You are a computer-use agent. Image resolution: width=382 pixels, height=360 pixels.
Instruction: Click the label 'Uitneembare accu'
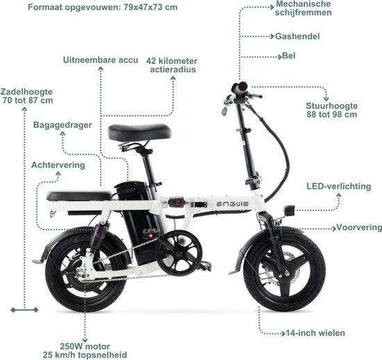(x=101, y=60)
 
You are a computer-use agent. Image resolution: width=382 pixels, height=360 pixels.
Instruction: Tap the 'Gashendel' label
(x=297, y=37)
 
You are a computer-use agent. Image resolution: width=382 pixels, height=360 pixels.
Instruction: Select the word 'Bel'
(x=289, y=56)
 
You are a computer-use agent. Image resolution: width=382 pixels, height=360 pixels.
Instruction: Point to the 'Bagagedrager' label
(x=63, y=125)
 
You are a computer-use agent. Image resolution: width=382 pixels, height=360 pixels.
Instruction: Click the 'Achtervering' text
(x=58, y=165)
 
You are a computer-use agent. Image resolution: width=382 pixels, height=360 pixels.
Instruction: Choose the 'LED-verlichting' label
(x=339, y=186)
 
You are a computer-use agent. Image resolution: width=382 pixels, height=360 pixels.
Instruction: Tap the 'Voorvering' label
(x=359, y=227)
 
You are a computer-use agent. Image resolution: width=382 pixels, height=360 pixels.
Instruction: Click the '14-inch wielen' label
(x=315, y=333)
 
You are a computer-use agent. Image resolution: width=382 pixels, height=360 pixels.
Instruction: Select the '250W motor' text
(x=85, y=346)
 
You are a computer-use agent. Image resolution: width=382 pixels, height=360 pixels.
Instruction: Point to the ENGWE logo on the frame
(x=233, y=204)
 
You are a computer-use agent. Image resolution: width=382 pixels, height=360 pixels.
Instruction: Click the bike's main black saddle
(x=140, y=132)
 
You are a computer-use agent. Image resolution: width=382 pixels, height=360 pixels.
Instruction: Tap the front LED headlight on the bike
(x=289, y=211)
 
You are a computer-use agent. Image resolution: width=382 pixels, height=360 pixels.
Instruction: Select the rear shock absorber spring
(x=97, y=234)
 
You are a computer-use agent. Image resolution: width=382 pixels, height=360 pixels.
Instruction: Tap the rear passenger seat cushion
(x=78, y=196)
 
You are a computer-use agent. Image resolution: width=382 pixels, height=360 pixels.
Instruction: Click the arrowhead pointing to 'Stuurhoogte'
(x=326, y=99)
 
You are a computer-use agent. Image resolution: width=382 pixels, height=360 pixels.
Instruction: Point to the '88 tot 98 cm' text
(x=332, y=114)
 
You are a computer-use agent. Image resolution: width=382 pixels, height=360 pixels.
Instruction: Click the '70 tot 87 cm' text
(x=28, y=100)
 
